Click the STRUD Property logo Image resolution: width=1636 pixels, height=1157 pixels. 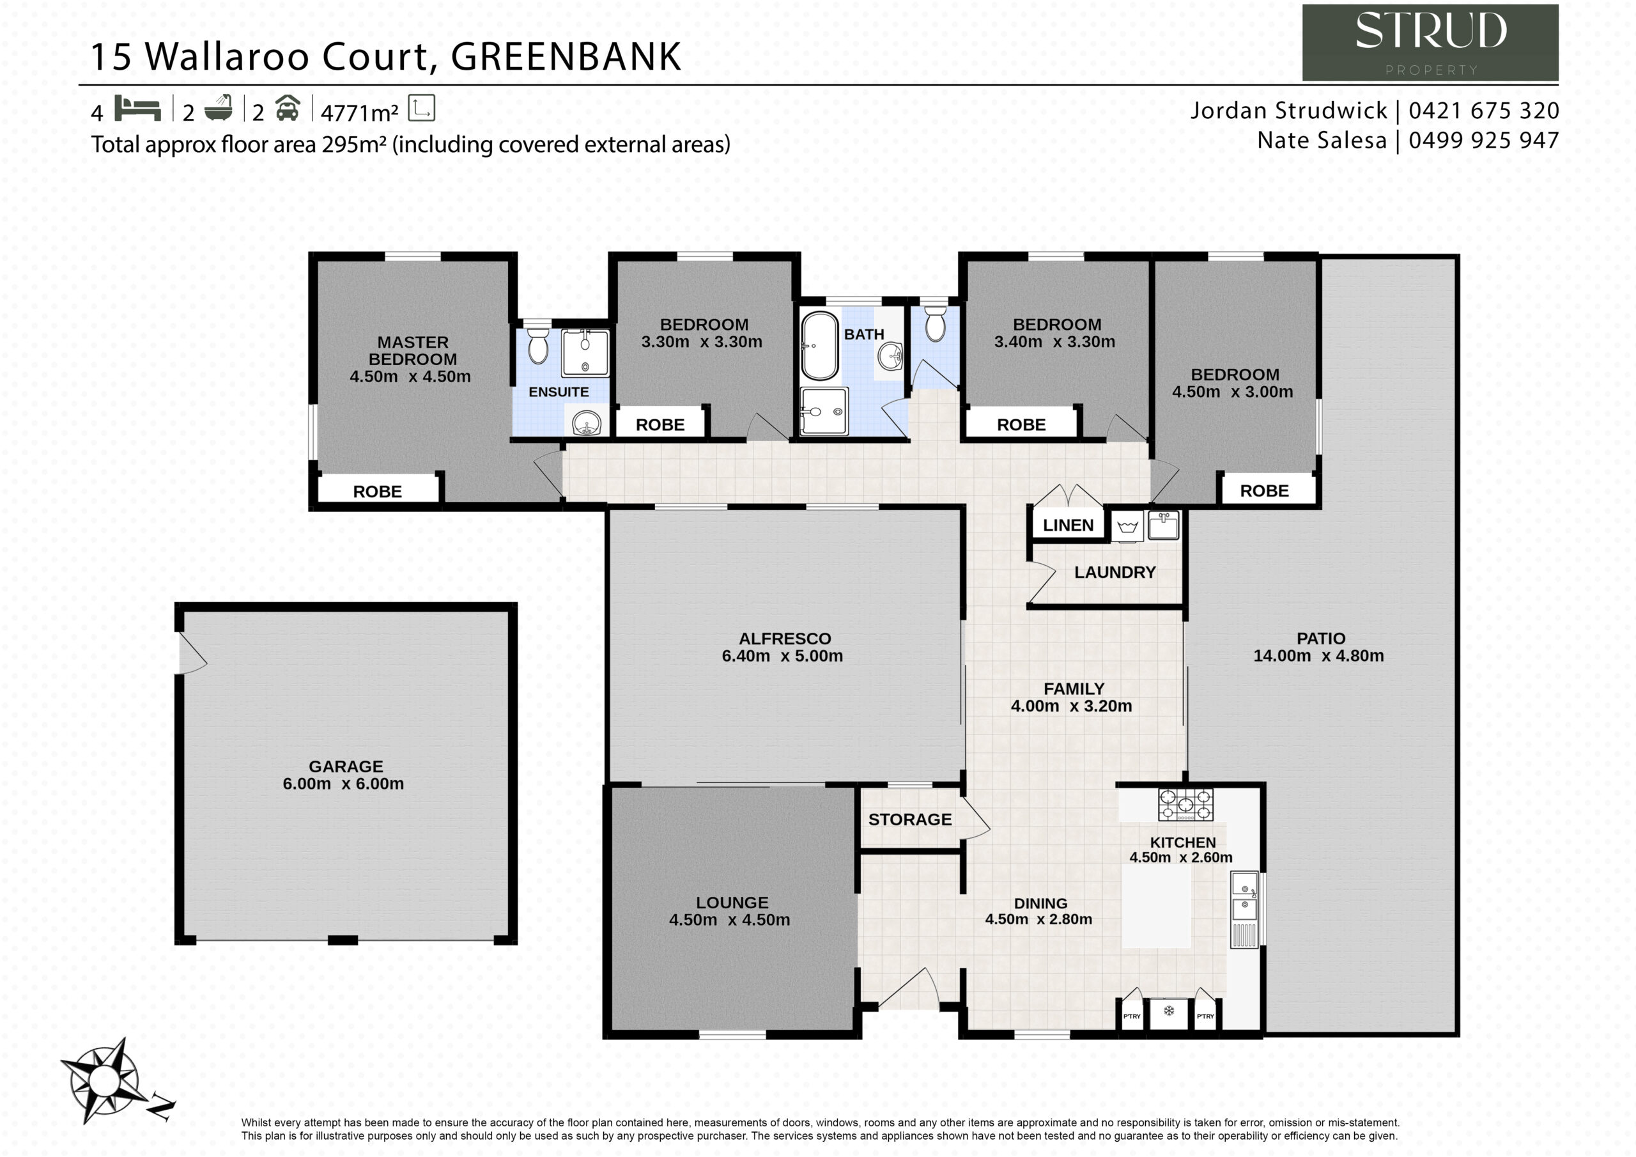[x=1430, y=43]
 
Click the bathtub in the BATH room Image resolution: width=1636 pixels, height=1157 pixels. [x=820, y=346]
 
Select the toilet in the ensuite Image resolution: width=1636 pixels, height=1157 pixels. [x=538, y=346]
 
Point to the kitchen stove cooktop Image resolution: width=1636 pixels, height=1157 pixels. [x=1185, y=804]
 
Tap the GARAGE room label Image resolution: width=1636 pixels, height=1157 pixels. [x=346, y=766]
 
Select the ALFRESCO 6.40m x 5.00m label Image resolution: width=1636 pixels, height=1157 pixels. [x=783, y=648]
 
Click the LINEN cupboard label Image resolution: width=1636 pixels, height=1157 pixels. [x=1068, y=525]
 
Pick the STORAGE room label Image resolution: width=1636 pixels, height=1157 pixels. [x=910, y=820]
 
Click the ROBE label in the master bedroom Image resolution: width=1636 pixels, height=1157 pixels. [x=378, y=492]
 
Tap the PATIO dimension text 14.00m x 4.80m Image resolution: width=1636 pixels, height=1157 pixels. [x=1319, y=656]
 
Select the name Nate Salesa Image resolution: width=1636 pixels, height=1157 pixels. [x=1322, y=141]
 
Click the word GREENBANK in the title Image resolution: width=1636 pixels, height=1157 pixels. [x=566, y=57]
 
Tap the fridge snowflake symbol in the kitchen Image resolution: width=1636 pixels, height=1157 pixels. [x=1169, y=1010]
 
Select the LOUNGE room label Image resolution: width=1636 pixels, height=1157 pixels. [x=732, y=903]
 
